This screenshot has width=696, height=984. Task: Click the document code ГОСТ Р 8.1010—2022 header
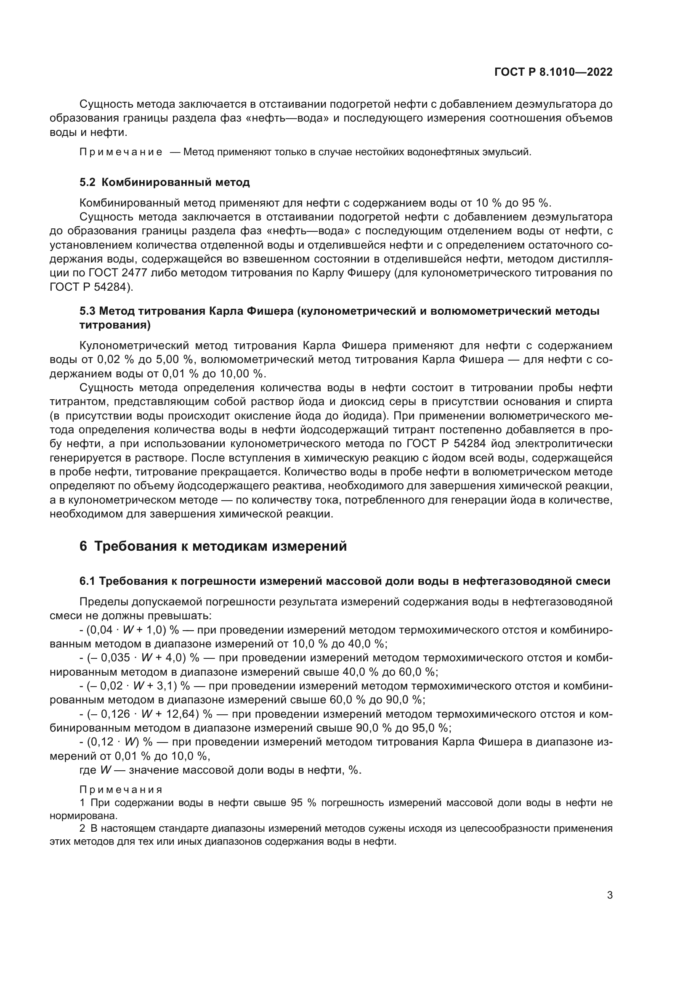click(x=553, y=72)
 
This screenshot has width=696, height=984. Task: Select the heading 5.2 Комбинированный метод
click(x=165, y=182)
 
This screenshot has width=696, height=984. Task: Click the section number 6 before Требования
click(x=83, y=546)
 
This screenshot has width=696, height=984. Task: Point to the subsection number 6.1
click(x=87, y=581)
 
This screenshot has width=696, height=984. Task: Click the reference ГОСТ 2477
click(x=106, y=273)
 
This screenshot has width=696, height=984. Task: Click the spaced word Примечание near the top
click(x=121, y=152)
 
